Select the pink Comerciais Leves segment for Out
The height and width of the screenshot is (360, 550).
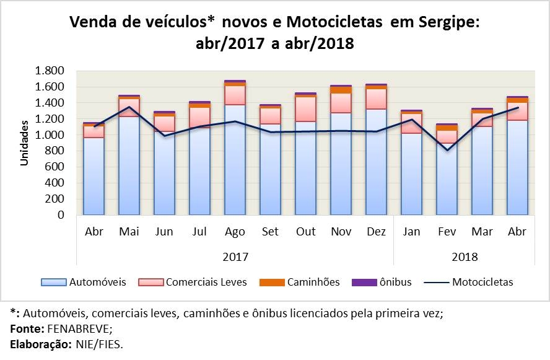305,109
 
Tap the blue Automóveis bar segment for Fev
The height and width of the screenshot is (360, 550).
447,179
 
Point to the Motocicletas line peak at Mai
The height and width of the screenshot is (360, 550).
129,107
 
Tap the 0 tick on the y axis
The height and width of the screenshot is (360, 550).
60,216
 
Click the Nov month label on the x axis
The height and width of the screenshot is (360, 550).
341,232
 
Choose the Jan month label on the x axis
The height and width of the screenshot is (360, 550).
411,232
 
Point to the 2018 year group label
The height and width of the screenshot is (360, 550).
465,256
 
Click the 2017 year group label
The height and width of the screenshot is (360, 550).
235,256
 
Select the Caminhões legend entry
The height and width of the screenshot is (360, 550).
313,282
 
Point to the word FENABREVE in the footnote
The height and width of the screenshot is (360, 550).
74,328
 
